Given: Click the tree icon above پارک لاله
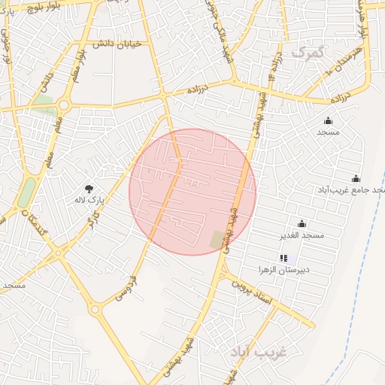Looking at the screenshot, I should click(90, 188).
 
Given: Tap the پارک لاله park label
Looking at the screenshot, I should click(88, 200).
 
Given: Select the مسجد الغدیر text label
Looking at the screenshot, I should click(302, 235).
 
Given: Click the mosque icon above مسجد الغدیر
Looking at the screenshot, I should click(302, 223).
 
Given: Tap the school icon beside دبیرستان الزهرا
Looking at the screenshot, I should click(283, 258).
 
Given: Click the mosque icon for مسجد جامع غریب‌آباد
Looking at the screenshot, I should click(356, 178).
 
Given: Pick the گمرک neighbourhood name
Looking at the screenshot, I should click(310, 53).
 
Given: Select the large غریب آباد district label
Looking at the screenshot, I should click(257, 352).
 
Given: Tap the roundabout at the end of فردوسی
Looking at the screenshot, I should click(95, 308).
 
